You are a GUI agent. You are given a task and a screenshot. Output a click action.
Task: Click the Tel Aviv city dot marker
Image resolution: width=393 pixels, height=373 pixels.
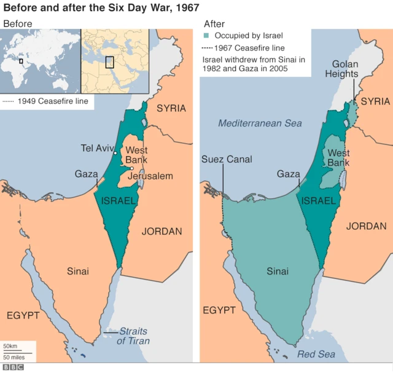coord(115,152)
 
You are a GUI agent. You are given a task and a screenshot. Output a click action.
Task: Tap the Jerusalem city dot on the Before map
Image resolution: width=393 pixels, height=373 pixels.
coord(131,169)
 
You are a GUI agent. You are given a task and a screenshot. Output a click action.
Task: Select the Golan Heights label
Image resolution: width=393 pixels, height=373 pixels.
coord(344,69)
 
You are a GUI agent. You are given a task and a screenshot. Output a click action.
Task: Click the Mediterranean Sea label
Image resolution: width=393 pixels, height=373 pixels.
coord(260,123)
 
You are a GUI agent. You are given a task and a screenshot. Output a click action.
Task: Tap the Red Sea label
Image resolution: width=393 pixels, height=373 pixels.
coord(316,354)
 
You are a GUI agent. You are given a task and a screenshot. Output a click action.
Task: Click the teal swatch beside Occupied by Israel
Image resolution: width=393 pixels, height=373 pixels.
coord(206,36)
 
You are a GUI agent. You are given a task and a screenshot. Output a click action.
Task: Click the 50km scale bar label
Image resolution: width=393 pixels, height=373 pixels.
coord(10,347)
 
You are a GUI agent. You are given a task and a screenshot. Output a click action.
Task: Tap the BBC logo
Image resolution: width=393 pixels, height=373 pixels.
coord(12,367)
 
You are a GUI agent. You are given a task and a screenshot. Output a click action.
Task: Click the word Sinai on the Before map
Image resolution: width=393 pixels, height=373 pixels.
coord(78,271)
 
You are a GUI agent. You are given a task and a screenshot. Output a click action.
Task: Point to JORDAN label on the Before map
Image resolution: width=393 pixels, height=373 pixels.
coord(162,231)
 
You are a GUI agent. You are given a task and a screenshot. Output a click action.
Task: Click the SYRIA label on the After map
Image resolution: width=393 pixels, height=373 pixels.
coord(375,101)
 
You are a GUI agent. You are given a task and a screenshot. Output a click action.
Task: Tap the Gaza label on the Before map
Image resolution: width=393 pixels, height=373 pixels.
coord(87,174)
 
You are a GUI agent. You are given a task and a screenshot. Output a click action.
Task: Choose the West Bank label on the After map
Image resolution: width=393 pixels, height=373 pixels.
coord(338,157)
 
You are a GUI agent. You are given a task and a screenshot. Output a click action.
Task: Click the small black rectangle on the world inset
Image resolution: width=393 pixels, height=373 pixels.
coord(21,61)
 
